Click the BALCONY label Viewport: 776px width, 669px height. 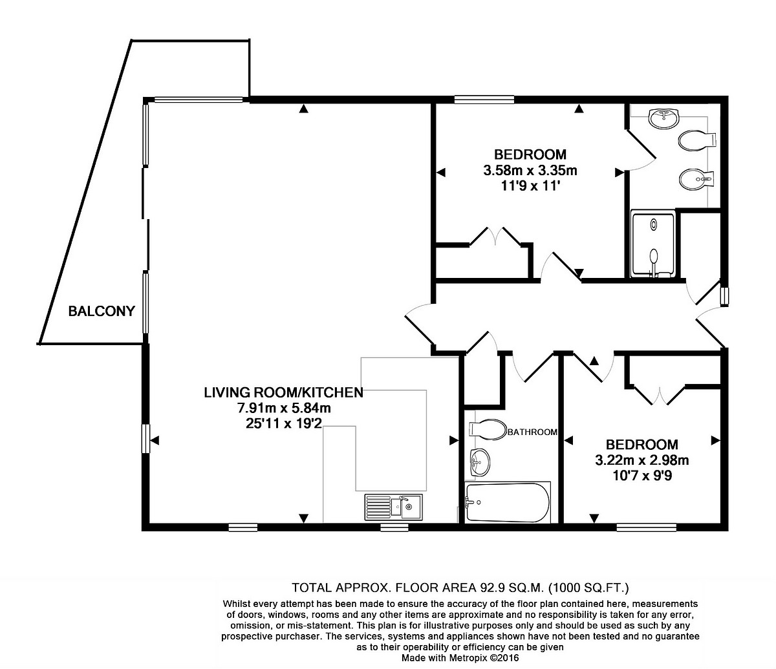(x=102, y=311)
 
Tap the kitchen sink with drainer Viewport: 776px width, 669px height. (x=393, y=507)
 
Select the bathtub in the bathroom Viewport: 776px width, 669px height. (x=507, y=503)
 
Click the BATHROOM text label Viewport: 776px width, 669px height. (x=532, y=432)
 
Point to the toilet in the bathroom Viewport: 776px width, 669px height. (x=488, y=429)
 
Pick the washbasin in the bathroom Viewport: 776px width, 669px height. (x=480, y=462)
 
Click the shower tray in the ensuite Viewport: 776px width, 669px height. (x=654, y=244)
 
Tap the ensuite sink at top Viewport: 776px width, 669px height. (x=663, y=118)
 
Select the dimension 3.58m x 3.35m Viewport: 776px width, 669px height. (x=530, y=171)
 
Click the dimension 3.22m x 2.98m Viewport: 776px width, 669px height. (x=642, y=460)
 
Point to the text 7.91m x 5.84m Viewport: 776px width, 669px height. (x=284, y=407)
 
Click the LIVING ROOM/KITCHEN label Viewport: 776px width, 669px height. (x=283, y=392)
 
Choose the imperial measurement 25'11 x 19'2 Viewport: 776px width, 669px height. (x=284, y=423)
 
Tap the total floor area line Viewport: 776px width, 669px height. (x=460, y=587)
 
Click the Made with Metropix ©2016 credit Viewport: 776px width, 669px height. (x=460, y=658)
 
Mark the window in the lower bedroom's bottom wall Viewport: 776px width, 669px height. (x=647, y=527)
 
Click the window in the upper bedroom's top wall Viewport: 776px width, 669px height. (x=484, y=100)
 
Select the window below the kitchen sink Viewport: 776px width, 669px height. (x=394, y=527)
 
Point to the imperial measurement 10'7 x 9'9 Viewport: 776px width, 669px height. (x=642, y=476)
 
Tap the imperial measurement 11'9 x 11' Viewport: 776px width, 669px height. (x=530, y=186)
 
